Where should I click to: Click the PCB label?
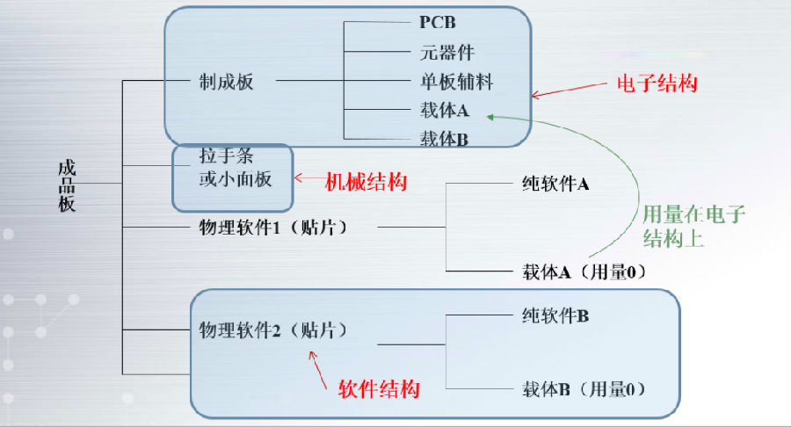click(436, 20)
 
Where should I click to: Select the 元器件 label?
click(447, 53)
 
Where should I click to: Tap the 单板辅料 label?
click(456, 83)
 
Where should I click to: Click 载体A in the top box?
click(445, 112)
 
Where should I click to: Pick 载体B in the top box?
click(445, 139)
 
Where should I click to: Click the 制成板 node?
click(227, 83)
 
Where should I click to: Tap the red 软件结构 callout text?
click(379, 388)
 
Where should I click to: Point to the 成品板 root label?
click(67, 185)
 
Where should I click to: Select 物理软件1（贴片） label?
click(273, 228)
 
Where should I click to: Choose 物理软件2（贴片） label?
click(273, 331)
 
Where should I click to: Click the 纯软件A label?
click(555, 185)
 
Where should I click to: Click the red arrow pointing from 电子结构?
click(562, 90)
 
